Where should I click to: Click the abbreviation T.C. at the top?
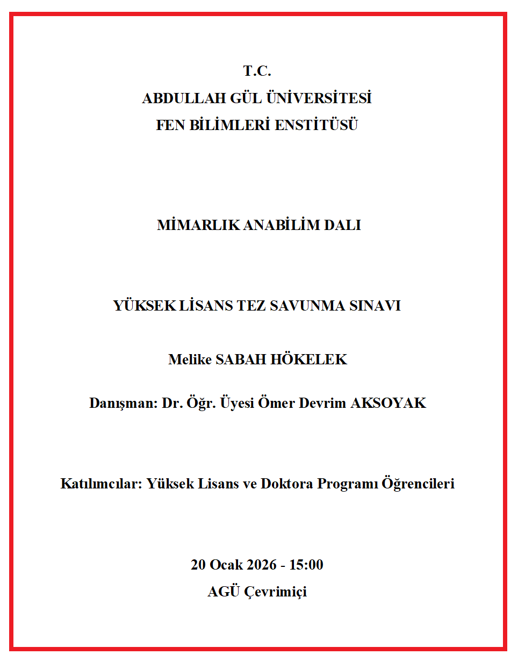[x=257, y=71]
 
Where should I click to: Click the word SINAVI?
[x=376, y=306]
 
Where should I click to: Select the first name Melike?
[x=190, y=359]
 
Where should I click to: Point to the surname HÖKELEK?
[x=309, y=359]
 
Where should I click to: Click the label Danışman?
[x=123, y=404]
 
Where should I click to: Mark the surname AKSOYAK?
[x=388, y=404]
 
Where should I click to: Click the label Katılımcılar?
[x=101, y=484]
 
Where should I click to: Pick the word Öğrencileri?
[x=418, y=484]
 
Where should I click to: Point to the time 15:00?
[x=306, y=565]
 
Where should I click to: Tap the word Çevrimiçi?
[x=276, y=592]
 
